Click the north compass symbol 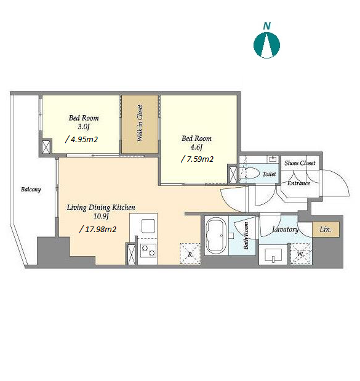[x=266, y=46]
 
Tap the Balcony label [x=31, y=190]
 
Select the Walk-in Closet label [x=140, y=123]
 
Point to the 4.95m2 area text [x=81, y=140]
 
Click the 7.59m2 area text [x=198, y=159]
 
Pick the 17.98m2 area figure [x=98, y=229]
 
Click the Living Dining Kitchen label [x=101, y=207]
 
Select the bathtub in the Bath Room [x=216, y=235]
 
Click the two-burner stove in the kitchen [x=148, y=251]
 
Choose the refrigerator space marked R [x=190, y=254]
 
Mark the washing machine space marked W [x=301, y=254]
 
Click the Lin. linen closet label [x=326, y=230]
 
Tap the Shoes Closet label [x=300, y=163]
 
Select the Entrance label [x=298, y=183]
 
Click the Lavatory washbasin [x=273, y=255]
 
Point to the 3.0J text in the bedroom [x=84, y=127]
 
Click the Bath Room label [x=246, y=236]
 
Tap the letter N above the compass [x=267, y=26]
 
